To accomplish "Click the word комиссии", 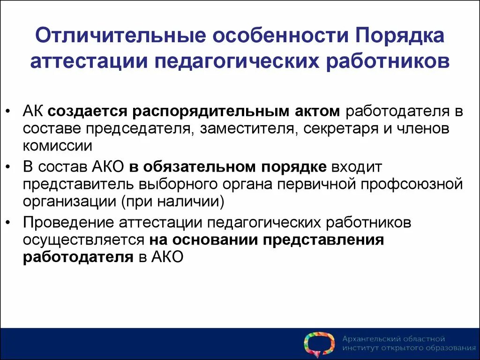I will [57, 145].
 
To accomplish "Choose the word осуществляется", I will [83, 240].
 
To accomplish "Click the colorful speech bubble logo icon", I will [319, 345].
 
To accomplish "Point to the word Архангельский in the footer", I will [369, 338].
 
